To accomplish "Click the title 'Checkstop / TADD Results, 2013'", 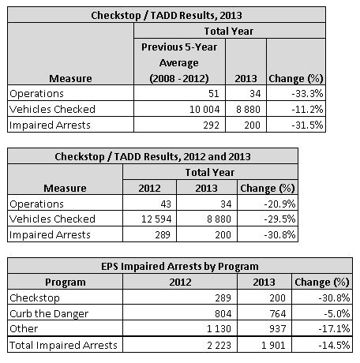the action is pos(181,16).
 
